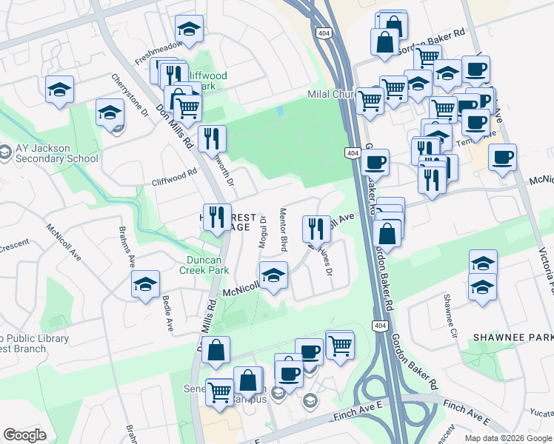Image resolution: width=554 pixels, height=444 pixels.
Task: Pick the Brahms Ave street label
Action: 124,245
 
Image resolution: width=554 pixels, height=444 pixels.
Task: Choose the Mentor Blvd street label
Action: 282,226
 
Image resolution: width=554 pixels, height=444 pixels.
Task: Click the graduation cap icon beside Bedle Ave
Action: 145,283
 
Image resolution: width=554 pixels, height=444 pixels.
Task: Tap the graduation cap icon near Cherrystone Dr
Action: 110,113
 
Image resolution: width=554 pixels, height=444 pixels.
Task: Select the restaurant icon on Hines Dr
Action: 316,229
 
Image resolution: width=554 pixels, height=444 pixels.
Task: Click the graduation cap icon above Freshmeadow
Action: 189,29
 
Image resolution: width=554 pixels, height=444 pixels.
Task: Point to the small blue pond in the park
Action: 280,111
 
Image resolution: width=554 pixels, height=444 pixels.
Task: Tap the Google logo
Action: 24,435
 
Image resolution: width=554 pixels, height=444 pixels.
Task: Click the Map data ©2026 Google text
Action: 508,438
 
